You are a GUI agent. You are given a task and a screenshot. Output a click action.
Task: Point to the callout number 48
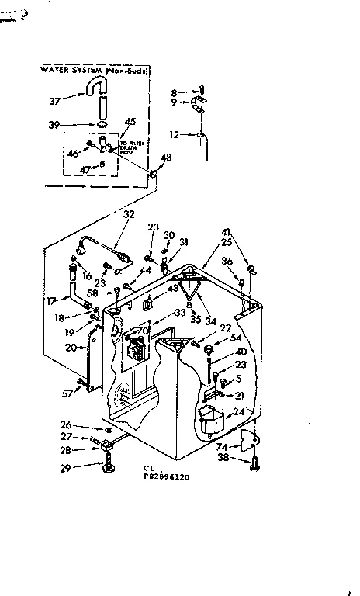[x=164, y=158]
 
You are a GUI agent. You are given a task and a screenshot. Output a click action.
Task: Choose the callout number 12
[x=175, y=134]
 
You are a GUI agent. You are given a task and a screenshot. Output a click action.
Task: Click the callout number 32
[x=129, y=215]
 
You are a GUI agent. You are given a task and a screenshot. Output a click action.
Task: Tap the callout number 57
[x=67, y=393]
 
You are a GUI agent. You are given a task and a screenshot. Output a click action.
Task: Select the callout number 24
[x=239, y=411]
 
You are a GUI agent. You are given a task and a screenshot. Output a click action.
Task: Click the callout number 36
[x=227, y=262]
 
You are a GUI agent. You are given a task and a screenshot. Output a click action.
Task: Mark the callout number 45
[x=130, y=121]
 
